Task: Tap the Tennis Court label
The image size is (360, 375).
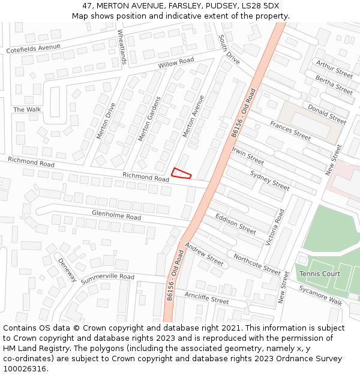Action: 319,274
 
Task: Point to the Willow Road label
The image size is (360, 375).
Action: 176,62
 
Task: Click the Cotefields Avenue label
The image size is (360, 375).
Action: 34,49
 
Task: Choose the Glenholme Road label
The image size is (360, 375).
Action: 116,214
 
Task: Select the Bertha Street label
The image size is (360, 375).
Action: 334,85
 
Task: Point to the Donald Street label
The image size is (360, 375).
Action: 327,113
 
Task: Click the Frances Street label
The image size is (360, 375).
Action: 290,130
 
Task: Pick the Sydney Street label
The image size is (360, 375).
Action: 269,180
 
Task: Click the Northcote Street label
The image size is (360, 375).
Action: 257,264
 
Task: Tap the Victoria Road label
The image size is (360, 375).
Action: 275,227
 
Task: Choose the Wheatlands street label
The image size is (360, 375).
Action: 122,47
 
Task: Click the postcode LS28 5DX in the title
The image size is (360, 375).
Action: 260,5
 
